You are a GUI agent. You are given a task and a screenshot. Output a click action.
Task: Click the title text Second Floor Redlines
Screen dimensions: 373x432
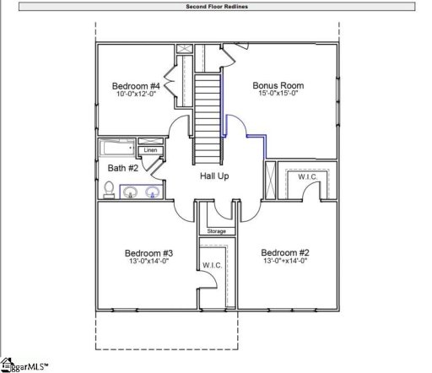click(216, 6)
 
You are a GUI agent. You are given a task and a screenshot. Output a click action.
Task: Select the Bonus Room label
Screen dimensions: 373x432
click(278, 86)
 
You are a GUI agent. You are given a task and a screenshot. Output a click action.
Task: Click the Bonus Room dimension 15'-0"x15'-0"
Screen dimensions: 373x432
click(278, 95)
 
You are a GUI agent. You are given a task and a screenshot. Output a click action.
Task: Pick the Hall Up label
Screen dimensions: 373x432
click(214, 176)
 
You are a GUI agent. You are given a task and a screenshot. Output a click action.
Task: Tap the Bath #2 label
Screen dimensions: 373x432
click(116, 167)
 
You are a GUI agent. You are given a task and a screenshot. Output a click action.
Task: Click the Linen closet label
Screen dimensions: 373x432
click(150, 150)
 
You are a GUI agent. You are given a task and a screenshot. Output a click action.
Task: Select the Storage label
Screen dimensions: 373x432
click(217, 230)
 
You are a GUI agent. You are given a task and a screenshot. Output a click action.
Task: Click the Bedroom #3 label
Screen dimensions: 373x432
click(149, 253)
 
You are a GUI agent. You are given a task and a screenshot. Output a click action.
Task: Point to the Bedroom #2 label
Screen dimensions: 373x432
click(285, 253)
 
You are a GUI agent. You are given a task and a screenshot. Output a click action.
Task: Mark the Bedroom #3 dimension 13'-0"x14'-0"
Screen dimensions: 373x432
click(149, 262)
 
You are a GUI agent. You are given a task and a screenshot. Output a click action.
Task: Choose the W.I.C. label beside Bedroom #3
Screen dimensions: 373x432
click(212, 266)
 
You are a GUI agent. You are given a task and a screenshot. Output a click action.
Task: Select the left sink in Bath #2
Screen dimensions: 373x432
click(131, 193)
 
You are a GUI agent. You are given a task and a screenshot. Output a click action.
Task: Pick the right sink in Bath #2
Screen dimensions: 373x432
click(153, 193)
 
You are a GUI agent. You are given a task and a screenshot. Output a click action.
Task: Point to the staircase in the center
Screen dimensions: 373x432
click(208, 105)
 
